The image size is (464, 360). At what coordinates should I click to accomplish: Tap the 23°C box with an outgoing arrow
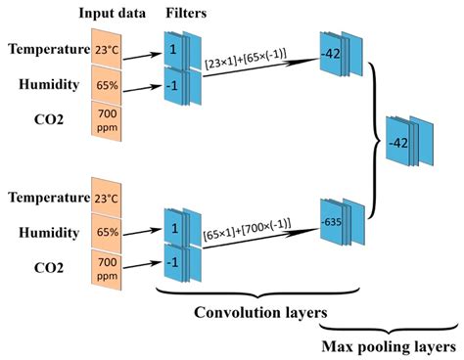coord(108,49)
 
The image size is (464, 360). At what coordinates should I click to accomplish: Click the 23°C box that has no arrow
coord(108,197)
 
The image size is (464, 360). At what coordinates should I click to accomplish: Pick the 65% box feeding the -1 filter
coord(108,85)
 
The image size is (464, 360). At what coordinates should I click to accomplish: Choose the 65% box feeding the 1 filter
coord(108,233)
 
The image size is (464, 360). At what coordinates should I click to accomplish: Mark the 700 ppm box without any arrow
coord(108,122)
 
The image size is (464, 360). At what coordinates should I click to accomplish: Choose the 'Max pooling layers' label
coord(389,346)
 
